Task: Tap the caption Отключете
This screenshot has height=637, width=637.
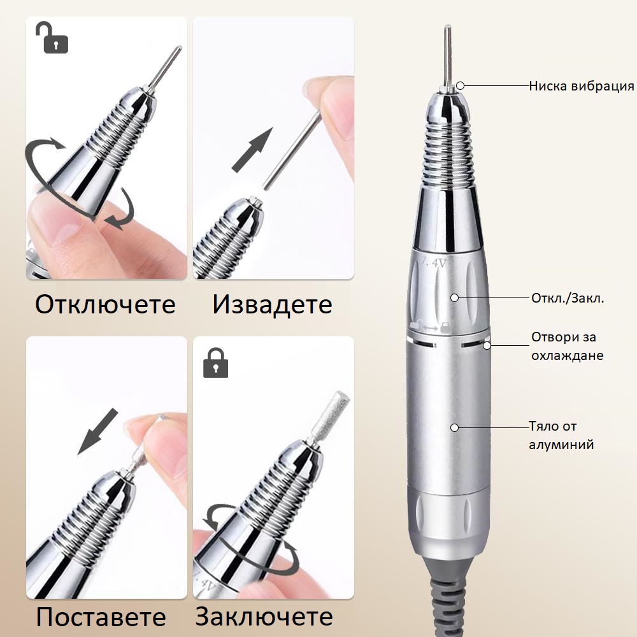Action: pyautogui.click(x=105, y=304)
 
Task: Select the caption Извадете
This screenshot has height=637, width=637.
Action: pyautogui.click(x=273, y=304)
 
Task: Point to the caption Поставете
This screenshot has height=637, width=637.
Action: pyautogui.click(x=101, y=617)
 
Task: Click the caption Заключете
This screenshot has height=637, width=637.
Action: pyautogui.click(x=264, y=617)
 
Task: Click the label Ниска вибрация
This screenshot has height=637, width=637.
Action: pyautogui.click(x=581, y=86)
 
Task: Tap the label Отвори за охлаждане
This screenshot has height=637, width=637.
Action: pyautogui.click(x=568, y=346)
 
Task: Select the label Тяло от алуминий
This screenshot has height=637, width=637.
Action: pyautogui.click(x=561, y=435)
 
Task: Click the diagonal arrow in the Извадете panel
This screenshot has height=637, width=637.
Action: pyautogui.click(x=252, y=150)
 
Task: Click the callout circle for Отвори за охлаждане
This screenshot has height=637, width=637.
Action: pyautogui.click(x=487, y=345)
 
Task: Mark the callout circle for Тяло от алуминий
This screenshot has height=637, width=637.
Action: pyautogui.click(x=455, y=427)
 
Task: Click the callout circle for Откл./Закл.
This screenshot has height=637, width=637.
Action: pyautogui.click(x=455, y=297)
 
